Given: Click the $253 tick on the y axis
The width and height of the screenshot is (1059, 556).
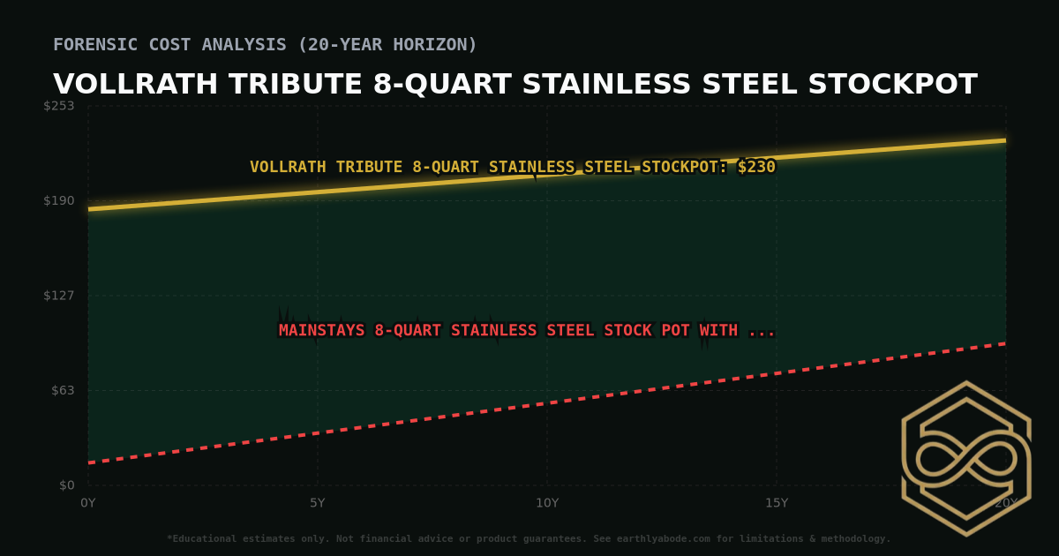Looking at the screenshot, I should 59,106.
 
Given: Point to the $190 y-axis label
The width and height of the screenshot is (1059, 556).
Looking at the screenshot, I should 59,200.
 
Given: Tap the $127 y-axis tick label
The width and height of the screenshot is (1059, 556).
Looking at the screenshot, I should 59,296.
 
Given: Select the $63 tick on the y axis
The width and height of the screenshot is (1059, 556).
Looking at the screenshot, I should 62,390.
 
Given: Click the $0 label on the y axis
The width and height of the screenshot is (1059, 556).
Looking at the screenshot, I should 66,485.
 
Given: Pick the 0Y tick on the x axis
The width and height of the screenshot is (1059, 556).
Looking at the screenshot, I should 88,503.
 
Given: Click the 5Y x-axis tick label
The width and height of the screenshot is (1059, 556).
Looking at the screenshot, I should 317,503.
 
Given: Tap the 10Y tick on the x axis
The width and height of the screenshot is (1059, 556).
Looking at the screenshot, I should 547,503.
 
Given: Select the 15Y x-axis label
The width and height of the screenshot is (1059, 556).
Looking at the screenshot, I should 777,503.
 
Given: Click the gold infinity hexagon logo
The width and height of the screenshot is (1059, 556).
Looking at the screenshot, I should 965,458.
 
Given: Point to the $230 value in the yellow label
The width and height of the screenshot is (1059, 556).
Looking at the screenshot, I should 756,167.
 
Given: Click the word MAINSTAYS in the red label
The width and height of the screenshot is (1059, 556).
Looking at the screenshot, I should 322,331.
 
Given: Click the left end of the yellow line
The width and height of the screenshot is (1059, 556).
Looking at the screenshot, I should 89,209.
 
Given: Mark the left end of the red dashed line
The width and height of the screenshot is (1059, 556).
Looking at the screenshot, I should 89,462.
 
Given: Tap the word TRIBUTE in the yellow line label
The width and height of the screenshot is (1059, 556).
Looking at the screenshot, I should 370,167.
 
